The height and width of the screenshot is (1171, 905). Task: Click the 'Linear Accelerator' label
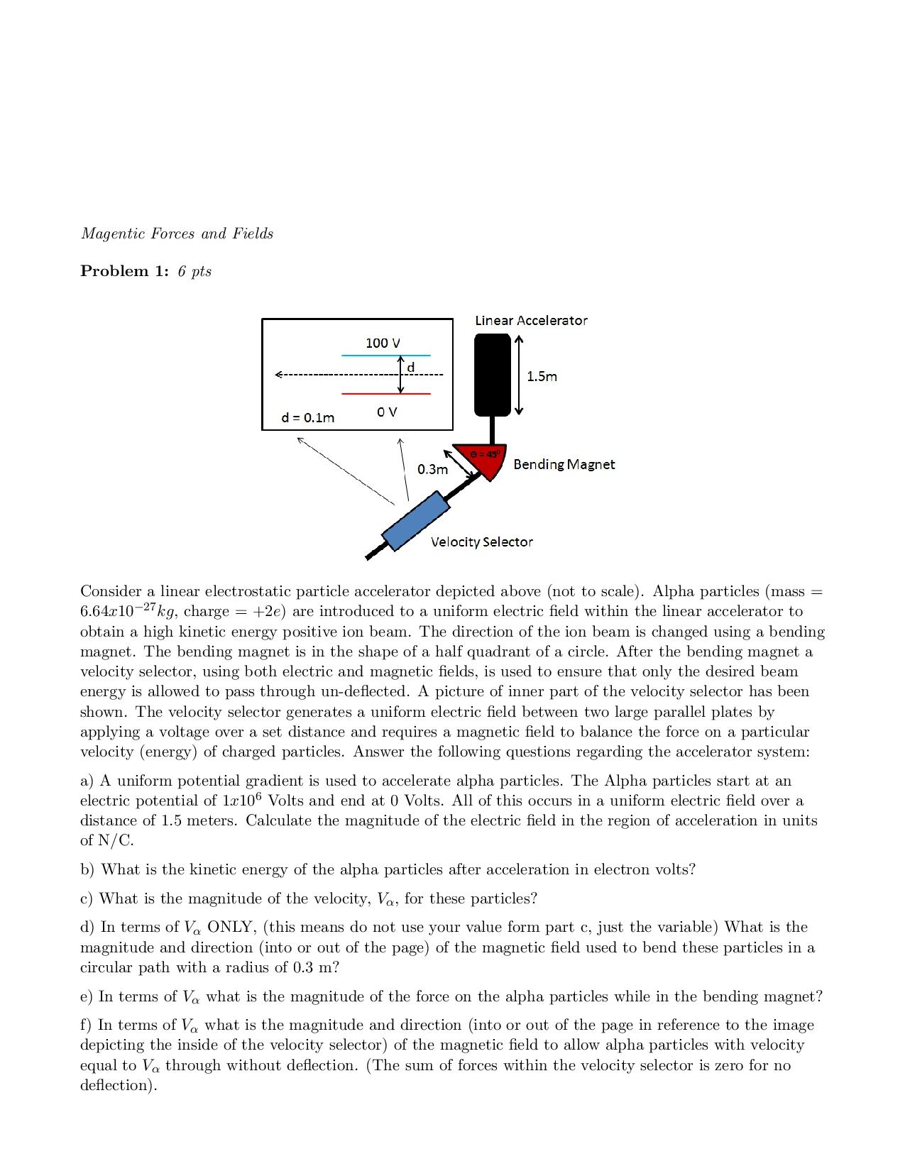(531, 320)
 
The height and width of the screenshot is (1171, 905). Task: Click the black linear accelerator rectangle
(492, 374)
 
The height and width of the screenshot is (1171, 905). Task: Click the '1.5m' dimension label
(542, 376)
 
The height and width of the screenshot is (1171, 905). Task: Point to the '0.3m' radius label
(432, 469)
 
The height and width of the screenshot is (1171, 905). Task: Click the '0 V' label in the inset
(387, 412)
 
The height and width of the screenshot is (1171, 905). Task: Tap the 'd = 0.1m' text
(308, 417)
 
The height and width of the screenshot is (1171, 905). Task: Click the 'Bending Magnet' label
(564, 464)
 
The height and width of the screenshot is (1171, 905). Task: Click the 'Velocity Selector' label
(481, 541)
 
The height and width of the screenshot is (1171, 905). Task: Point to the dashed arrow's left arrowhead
(278, 374)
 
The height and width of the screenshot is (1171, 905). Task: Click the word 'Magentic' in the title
(113, 233)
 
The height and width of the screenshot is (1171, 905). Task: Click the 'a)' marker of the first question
(87, 781)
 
